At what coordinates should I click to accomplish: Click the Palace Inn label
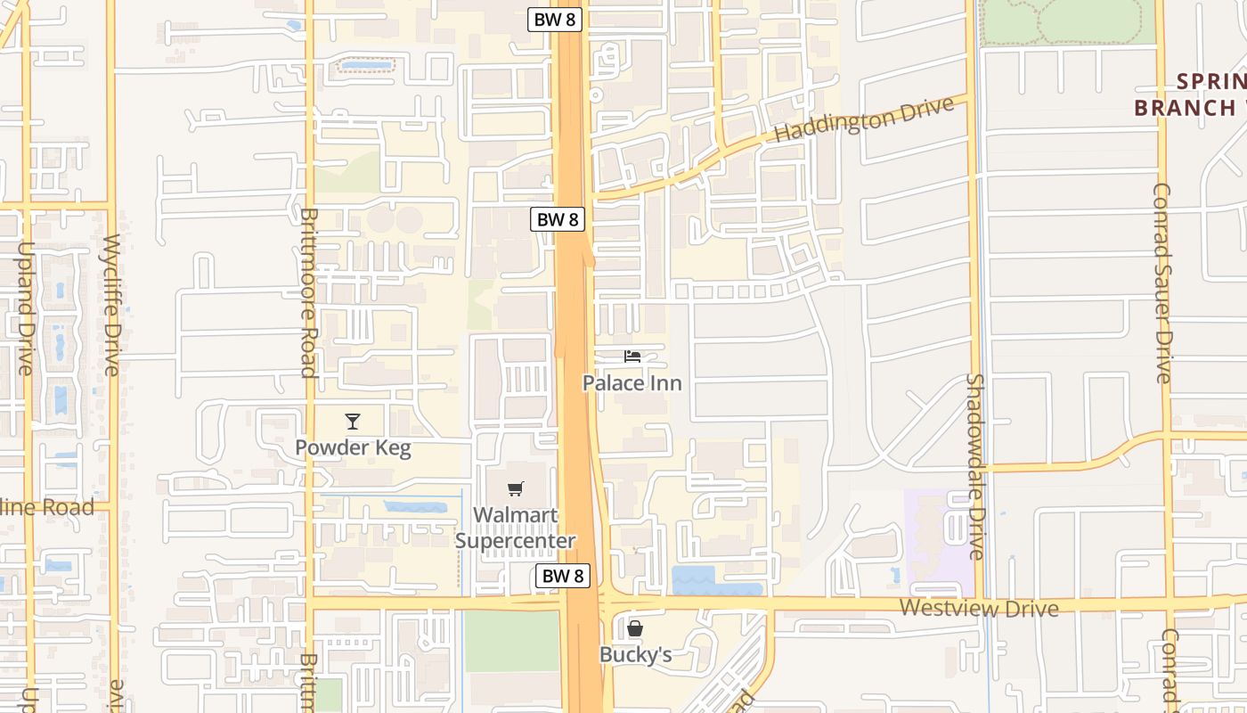coord(632,383)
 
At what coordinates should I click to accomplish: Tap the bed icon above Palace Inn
coord(632,356)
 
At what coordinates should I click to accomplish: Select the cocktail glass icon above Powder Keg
coord(353,422)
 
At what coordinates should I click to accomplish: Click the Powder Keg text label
coord(353,447)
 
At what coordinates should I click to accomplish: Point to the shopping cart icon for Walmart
coord(515,488)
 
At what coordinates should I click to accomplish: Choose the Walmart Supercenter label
coord(515,528)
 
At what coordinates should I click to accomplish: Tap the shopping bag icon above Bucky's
coord(634,629)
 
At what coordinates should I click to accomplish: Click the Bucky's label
coord(634,655)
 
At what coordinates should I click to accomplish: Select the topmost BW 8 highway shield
coord(554,20)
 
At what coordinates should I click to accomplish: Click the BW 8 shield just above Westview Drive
coord(563,576)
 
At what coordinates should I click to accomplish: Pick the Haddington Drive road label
coord(864,119)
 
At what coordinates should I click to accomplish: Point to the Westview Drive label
coord(979,609)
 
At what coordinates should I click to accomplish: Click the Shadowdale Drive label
coord(975,466)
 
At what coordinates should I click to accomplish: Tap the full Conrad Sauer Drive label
coord(1162,283)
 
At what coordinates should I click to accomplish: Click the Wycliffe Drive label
coord(111,305)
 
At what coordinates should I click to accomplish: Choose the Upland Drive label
coord(24,307)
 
